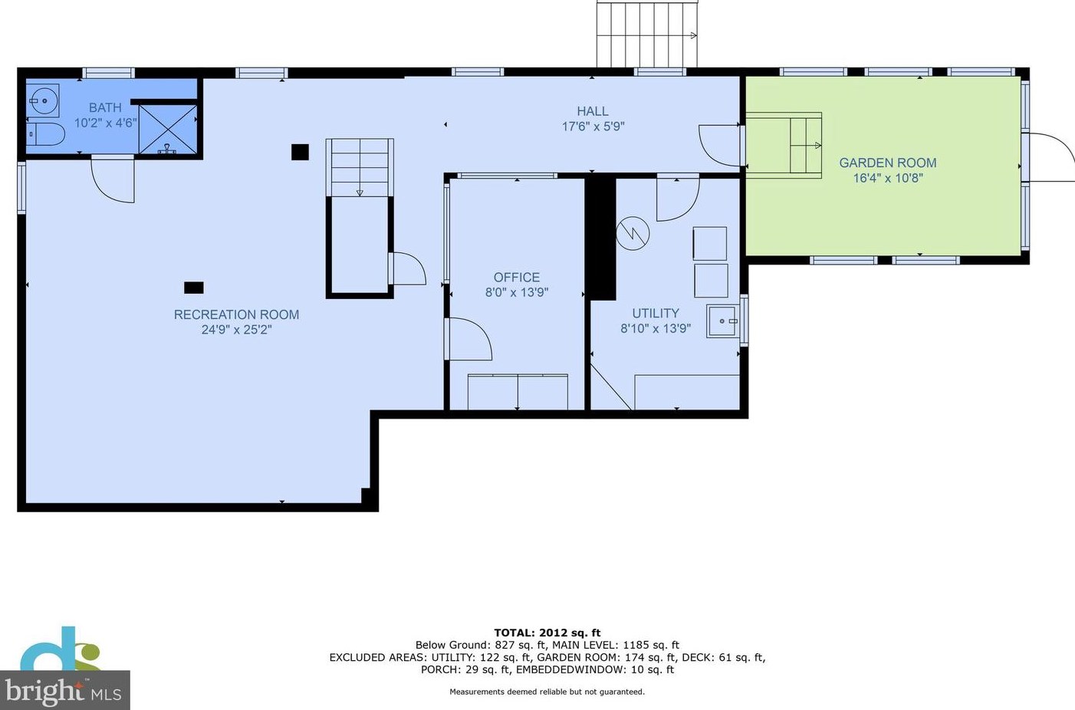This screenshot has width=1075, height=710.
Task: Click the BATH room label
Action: [x=105, y=107]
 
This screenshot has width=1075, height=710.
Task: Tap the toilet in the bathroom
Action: [x=45, y=134]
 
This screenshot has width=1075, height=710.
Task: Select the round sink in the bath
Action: [x=43, y=100]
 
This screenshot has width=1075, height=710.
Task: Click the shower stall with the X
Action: [x=167, y=130]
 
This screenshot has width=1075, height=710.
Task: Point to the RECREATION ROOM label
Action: [x=236, y=314]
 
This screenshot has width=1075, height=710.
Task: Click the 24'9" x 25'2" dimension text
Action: [x=237, y=330]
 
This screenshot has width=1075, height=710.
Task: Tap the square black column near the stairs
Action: [x=300, y=152]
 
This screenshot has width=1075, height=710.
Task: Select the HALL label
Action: [x=593, y=111]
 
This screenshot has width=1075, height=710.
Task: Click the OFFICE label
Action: [x=517, y=277]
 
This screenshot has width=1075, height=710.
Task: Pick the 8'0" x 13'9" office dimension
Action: [x=517, y=292]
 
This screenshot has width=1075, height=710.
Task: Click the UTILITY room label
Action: [x=656, y=313]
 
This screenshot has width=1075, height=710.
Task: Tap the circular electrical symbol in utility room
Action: [x=633, y=233]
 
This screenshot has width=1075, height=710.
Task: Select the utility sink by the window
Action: [x=723, y=321]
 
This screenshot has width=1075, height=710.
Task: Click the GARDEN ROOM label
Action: [x=888, y=163]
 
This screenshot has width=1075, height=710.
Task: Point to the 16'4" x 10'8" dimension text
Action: [x=888, y=178]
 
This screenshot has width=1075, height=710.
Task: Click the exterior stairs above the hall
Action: [x=647, y=35]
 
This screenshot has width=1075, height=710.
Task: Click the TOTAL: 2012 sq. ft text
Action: [x=547, y=633]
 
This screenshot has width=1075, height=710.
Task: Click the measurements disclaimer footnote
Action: [x=547, y=692]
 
